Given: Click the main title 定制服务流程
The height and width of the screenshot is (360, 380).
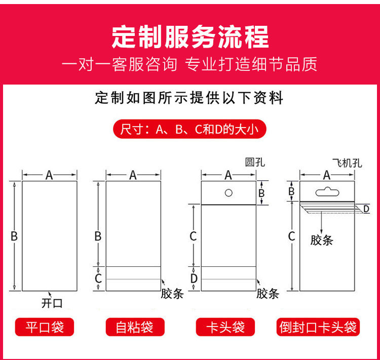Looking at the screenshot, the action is (x=190, y=37).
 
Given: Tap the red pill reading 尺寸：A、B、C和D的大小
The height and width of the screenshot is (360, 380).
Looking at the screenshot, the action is (x=190, y=129).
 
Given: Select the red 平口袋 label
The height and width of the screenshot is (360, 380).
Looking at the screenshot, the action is (x=45, y=327).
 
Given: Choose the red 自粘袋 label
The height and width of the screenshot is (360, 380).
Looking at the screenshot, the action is (x=135, y=327).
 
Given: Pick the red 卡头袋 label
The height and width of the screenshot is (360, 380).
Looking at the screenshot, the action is (x=225, y=327).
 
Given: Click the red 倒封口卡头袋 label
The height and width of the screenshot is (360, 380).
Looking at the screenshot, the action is (x=318, y=327).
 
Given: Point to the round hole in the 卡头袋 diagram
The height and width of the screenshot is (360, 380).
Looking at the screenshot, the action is (x=229, y=193).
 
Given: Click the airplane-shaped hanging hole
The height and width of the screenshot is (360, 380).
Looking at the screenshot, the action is (x=327, y=192).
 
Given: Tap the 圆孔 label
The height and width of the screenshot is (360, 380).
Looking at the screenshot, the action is (x=255, y=163).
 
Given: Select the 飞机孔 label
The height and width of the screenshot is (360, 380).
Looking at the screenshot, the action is (x=347, y=163).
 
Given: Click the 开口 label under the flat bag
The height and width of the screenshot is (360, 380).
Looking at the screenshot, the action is (x=52, y=303).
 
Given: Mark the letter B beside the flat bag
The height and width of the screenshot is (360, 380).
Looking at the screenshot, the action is (x=14, y=236).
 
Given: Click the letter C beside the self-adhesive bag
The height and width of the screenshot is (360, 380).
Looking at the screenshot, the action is (x=98, y=278).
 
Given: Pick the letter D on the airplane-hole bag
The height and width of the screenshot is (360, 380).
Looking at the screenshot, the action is (x=366, y=209).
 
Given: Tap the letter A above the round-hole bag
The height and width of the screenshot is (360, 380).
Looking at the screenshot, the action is (x=229, y=175).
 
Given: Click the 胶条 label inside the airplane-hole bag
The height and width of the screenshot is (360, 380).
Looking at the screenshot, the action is (x=322, y=241).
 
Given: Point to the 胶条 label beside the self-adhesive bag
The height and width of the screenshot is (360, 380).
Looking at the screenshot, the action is (x=172, y=294).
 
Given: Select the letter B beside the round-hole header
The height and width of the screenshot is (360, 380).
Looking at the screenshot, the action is (x=261, y=193).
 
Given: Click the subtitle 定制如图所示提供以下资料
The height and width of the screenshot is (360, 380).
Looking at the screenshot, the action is (x=189, y=98).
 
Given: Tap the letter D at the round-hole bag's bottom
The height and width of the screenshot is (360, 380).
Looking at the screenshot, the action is (x=194, y=278).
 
